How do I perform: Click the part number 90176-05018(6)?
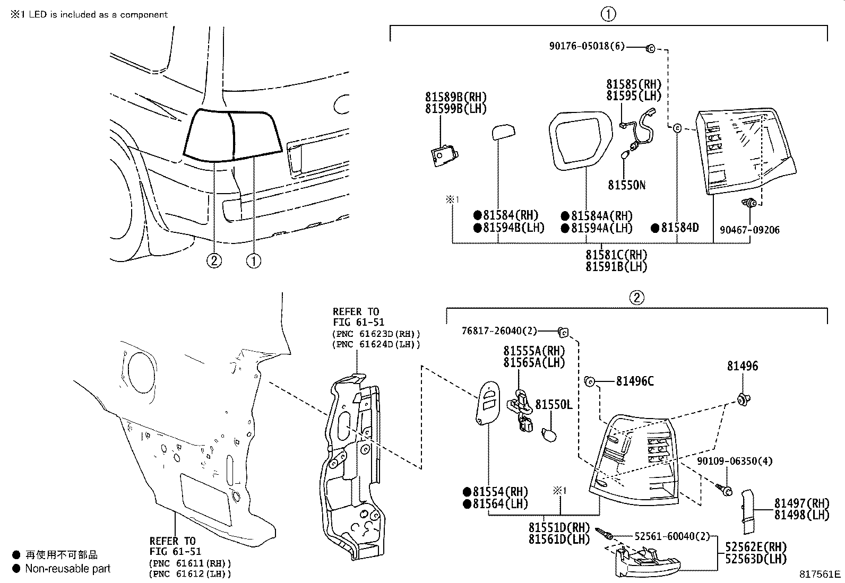click(x=587, y=47)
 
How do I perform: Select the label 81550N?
click(x=626, y=185)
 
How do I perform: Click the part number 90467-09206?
click(x=749, y=230)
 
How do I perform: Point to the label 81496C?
click(x=634, y=381)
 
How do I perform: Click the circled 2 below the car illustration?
click(x=214, y=260)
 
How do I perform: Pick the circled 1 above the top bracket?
click(x=608, y=14)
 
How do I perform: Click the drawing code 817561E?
click(x=821, y=574)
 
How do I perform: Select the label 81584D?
click(x=679, y=228)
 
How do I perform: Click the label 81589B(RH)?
click(x=455, y=97)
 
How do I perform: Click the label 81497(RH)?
click(x=801, y=503)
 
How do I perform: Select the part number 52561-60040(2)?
click(x=671, y=536)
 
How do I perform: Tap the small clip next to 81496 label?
click(x=745, y=399)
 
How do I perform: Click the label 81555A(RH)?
click(x=534, y=351)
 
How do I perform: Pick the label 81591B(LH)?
click(x=616, y=267)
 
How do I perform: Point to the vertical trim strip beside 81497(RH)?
click(x=748, y=511)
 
